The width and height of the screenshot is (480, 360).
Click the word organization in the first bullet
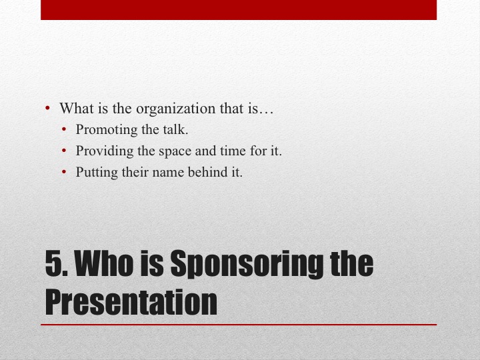(176, 109)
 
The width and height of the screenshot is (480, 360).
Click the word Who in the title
(104, 263)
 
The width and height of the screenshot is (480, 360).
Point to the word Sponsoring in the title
(247, 264)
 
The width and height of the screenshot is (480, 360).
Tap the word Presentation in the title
(131, 302)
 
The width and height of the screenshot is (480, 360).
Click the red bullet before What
(47, 108)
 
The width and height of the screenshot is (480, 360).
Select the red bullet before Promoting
(64, 129)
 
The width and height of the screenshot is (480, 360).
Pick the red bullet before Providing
(64, 151)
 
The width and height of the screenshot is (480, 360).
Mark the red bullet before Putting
(64, 172)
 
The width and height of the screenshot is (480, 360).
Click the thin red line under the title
(239, 325)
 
